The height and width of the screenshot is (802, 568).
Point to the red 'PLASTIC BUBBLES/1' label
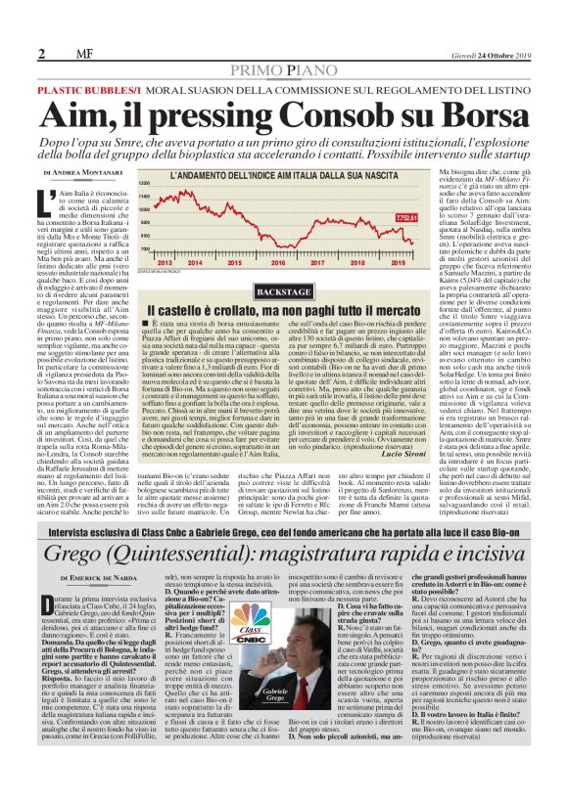[x=84, y=88]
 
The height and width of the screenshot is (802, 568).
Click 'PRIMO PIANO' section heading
[x=283, y=70]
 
